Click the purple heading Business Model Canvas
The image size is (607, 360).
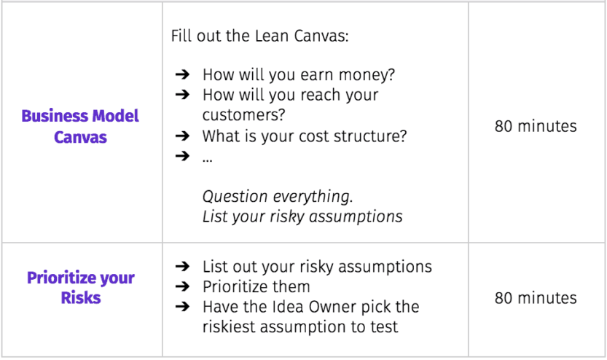(80, 127)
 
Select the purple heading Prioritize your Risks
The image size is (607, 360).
(80, 288)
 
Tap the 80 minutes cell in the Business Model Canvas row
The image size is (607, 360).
(536, 126)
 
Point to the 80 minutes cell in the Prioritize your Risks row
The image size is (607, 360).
(536, 298)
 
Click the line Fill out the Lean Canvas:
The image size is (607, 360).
(259, 36)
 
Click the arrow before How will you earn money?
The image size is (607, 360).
(182, 74)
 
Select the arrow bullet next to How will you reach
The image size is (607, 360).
(182, 94)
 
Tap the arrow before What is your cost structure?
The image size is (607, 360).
(182, 136)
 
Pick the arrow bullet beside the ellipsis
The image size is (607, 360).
(182, 156)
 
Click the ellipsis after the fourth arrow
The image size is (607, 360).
(207, 160)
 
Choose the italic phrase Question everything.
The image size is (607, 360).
(278, 197)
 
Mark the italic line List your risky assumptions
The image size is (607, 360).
(302, 216)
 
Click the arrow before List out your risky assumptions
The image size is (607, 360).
(182, 266)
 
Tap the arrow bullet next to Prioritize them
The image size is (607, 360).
(182, 286)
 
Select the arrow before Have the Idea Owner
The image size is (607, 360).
(182, 306)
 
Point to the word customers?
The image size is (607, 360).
(244, 115)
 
